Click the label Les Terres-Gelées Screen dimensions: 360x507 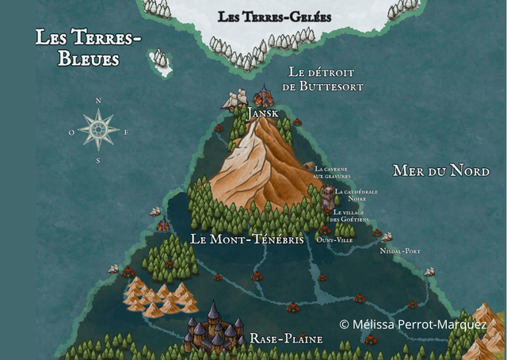tap(274, 17)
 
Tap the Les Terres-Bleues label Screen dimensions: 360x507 tap(88, 48)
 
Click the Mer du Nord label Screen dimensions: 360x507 tap(441, 170)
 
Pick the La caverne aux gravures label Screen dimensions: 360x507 tap(332, 172)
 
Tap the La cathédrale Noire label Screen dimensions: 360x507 tap(356, 194)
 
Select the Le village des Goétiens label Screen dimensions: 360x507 tap(349, 216)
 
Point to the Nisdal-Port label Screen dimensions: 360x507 tap(400, 251)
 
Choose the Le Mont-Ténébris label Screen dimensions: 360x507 tap(247, 239)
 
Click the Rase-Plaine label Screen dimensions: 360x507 tap(286, 339)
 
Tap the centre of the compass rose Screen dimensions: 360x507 tap(98, 129)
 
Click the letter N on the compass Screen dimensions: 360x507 tap(98, 101)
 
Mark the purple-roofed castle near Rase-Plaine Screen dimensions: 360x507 tap(214, 329)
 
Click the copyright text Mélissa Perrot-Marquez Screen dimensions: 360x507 tap(413, 324)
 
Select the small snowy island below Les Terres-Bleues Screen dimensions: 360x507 tap(162, 63)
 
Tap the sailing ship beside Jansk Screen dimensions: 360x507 tap(232, 101)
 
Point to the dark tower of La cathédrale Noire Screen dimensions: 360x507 tap(328, 197)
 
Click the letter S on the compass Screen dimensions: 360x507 tap(98, 160)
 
